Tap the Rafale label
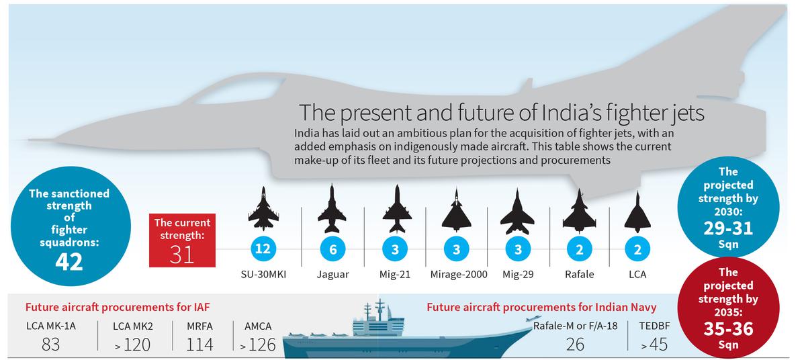click(578, 275)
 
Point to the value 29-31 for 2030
click(728, 228)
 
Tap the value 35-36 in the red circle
click(728, 330)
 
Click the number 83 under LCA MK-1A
click(50, 345)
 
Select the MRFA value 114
click(199, 345)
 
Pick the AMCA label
click(258, 326)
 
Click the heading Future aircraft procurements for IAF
click(118, 308)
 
